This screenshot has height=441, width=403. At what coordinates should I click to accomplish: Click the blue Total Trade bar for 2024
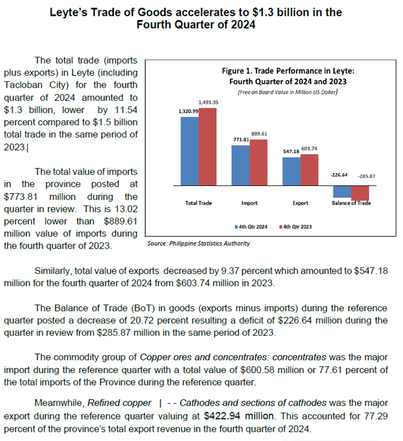(190, 151)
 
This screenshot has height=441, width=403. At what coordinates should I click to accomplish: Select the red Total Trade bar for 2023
(207, 147)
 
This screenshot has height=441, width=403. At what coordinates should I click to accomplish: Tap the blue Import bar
(240, 165)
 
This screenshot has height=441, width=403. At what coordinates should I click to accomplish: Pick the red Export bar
(309, 170)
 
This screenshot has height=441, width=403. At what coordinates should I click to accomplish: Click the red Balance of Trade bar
(360, 193)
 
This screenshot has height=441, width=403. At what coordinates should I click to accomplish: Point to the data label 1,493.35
(209, 103)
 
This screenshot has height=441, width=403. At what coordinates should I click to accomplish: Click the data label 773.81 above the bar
(241, 139)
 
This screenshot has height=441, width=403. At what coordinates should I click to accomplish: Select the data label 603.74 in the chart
(309, 149)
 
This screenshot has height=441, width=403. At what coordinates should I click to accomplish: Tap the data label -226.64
(339, 175)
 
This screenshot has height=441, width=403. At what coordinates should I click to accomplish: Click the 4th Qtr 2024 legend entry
(251, 227)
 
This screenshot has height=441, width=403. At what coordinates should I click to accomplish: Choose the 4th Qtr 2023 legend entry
(296, 227)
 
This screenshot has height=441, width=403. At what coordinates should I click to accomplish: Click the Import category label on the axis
(249, 203)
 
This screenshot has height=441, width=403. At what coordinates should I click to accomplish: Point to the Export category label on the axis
(300, 203)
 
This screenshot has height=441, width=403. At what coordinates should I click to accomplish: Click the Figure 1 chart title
(288, 76)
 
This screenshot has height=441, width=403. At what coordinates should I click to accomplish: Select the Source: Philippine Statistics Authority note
(198, 243)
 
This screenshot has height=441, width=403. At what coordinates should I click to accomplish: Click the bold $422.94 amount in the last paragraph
(239, 416)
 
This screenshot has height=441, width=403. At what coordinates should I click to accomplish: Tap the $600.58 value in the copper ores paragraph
(257, 369)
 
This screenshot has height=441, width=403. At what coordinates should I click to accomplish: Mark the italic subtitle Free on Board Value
(287, 92)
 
